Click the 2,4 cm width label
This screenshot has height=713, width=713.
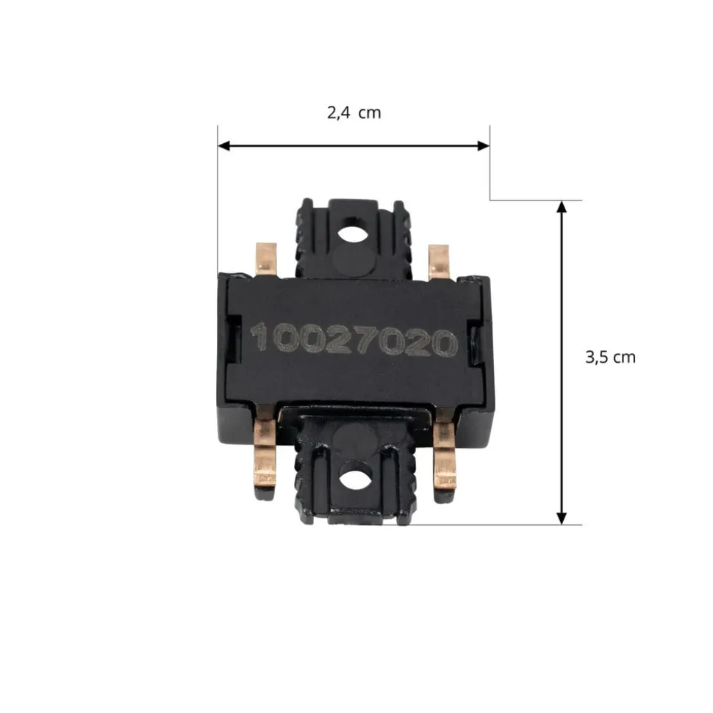(x=354, y=113)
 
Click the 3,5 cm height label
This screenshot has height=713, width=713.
(x=610, y=358)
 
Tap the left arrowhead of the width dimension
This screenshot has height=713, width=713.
(x=224, y=146)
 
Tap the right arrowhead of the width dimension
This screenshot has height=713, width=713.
(x=484, y=146)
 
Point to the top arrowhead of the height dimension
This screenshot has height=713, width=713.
(x=562, y=207)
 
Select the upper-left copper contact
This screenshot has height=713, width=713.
(x=266, y=260)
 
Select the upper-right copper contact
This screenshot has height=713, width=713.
(x=439, y=262)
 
